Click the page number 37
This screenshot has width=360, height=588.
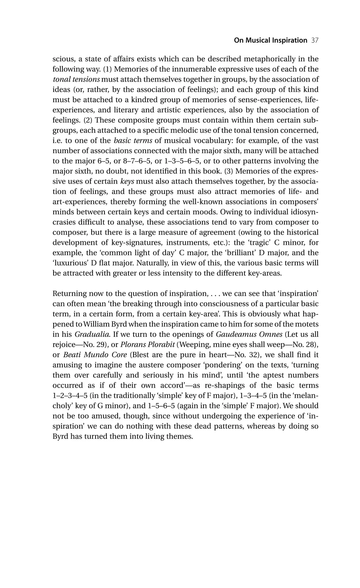[x=314, y=40]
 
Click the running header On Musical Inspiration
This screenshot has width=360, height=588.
[x=265, y=40]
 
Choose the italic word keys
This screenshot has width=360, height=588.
[x=127, y=181]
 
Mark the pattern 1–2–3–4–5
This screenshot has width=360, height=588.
[x=72, y=396]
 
